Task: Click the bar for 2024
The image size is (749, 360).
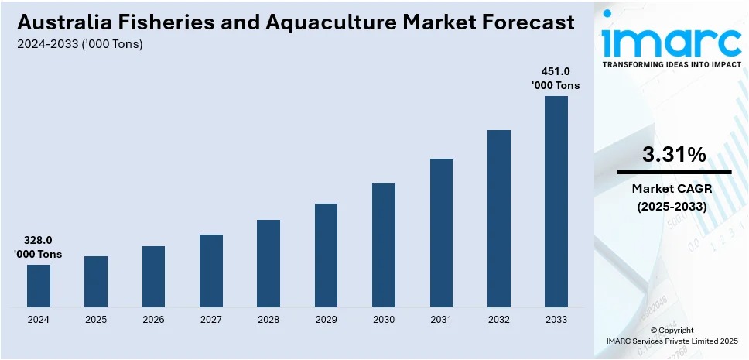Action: [x=39, y=286]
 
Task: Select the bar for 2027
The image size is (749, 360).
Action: [x=211, y=270]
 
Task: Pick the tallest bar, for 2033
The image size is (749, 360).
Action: [x=556, y=201]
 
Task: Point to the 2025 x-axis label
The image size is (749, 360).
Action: [x=96, y=320]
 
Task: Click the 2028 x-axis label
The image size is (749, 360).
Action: [x=268, y=320]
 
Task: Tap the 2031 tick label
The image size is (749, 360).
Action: [x=441, y=320]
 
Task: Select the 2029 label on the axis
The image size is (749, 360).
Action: [x=326, y=320]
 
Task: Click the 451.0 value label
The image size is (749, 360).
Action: [x=555, y=70]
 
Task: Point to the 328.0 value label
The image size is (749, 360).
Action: [x=38, y=240]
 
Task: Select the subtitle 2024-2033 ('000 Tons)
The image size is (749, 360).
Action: [x=80, y=44]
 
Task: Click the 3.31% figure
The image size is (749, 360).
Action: [x=673, y=155]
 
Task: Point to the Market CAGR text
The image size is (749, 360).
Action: [x=672, y=188]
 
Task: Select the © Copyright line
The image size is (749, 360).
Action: [x=672, y=330]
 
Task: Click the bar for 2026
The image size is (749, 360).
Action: [x=153, y=276]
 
